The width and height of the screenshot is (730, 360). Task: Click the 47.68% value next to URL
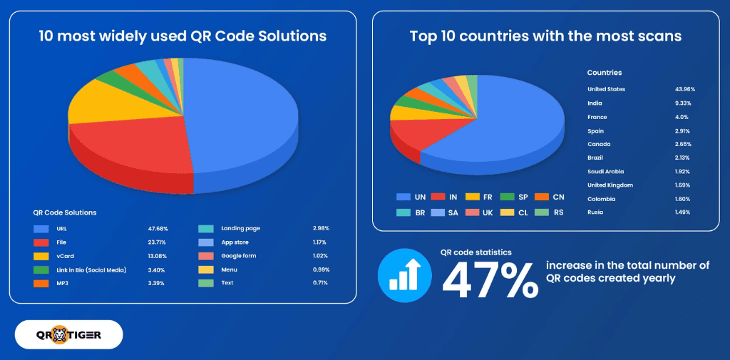tap(158, 229)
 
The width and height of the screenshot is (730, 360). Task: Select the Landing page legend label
tap(241, 229)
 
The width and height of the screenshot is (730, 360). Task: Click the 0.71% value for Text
tap(321, 282)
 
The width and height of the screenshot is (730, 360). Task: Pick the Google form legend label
tap(239, 255)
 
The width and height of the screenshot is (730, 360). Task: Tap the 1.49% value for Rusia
tap(682, 212)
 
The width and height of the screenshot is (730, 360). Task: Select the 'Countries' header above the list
tap(604, 73)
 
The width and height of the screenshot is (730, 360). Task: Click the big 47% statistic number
tap(490, 274)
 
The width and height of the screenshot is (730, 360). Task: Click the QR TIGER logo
tap(68, 334)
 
